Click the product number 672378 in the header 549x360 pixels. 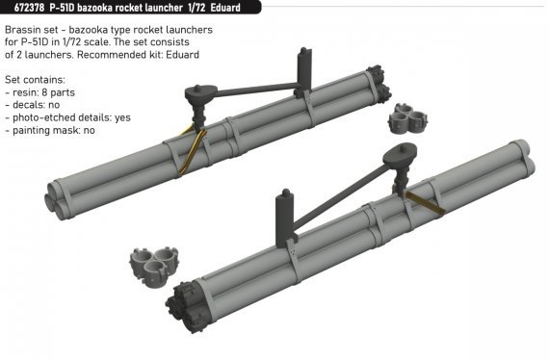tap(29, 8)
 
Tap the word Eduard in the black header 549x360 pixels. tap(225, 8)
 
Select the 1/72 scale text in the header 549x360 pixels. tap(196, 8)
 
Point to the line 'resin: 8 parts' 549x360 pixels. tap(39, 92)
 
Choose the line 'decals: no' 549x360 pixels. tap(33, 105)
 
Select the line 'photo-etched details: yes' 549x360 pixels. tap(68, 117)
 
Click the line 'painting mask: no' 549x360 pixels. tap(50, 130)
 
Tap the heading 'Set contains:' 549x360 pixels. tap(35, 80)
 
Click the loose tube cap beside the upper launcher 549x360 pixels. tap(407, 117)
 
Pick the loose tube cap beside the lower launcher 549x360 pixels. tap(154, 267)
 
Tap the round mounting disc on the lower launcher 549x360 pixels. tap(400, 155)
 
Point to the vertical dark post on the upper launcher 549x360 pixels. tap(304, 69)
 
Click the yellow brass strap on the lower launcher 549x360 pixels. tap(423, 202)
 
